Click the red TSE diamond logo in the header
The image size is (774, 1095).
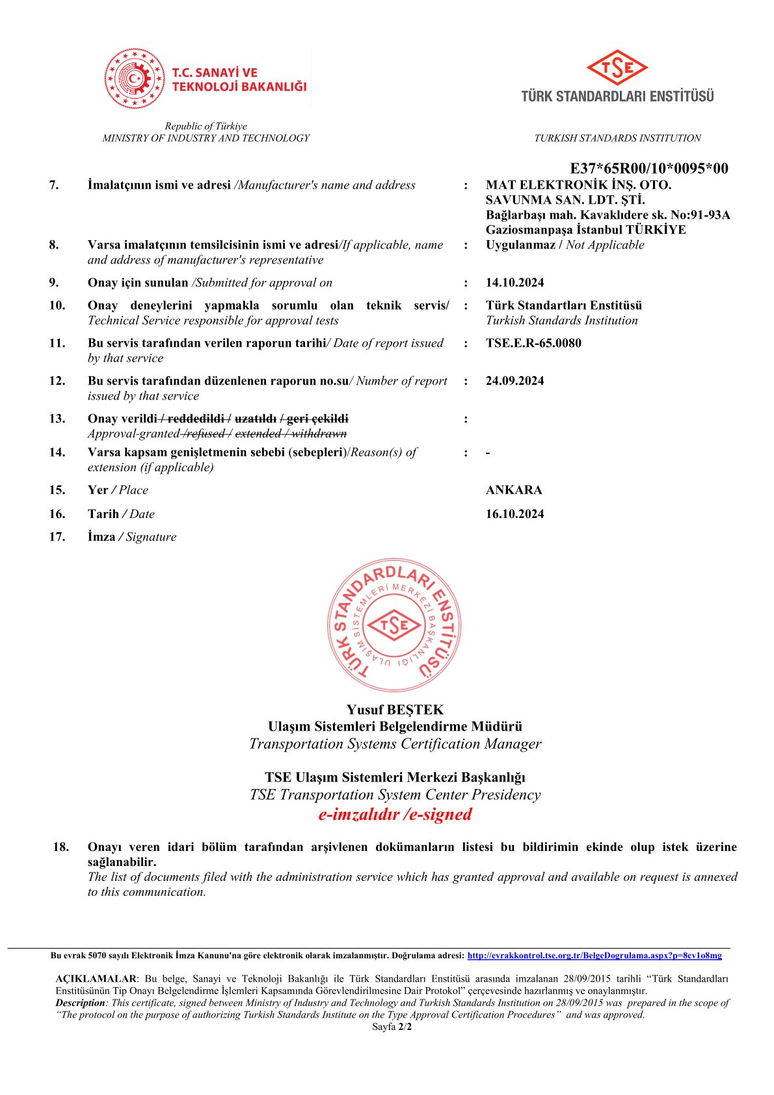click(x=617, y=67)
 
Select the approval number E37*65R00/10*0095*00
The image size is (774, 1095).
click(x=648, y=169)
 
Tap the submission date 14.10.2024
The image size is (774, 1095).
click(x=514, y=282)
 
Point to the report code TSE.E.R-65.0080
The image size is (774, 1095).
click(x=533, y=343)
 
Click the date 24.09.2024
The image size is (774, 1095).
click(x=514, y=381)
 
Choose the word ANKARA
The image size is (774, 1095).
click(x=514, y=490)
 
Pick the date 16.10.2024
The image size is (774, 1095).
click(x=514, y=514)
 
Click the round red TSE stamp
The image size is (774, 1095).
click(x=394, y=625)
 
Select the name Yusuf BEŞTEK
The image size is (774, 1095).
click(x=395, y=709)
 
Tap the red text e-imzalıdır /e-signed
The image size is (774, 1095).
click(x=395, y=814)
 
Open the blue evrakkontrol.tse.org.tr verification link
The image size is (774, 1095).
click(x=594, y=955)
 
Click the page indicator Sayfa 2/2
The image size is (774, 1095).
click(x=392, y=1027)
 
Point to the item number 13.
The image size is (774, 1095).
click(x=57, y=418)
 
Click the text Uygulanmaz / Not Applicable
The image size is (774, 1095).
click(x=565, y=245)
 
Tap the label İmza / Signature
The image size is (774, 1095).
click(x=132, y=537)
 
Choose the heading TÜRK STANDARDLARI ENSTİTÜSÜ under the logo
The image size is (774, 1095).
click(x=617, y=96)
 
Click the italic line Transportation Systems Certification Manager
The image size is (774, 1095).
click(x=395, y=744)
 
